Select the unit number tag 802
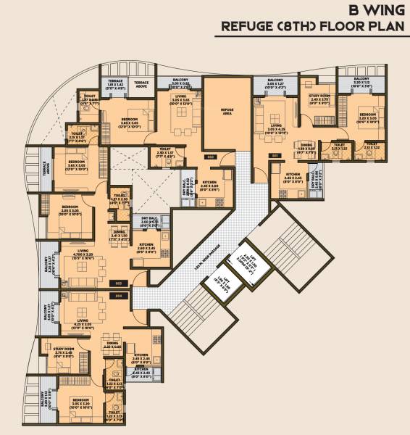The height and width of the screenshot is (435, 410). (x=210, y=155)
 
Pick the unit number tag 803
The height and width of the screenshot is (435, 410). (x=118, y=282)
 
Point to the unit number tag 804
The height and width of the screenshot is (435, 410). (x=118, y=295)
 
